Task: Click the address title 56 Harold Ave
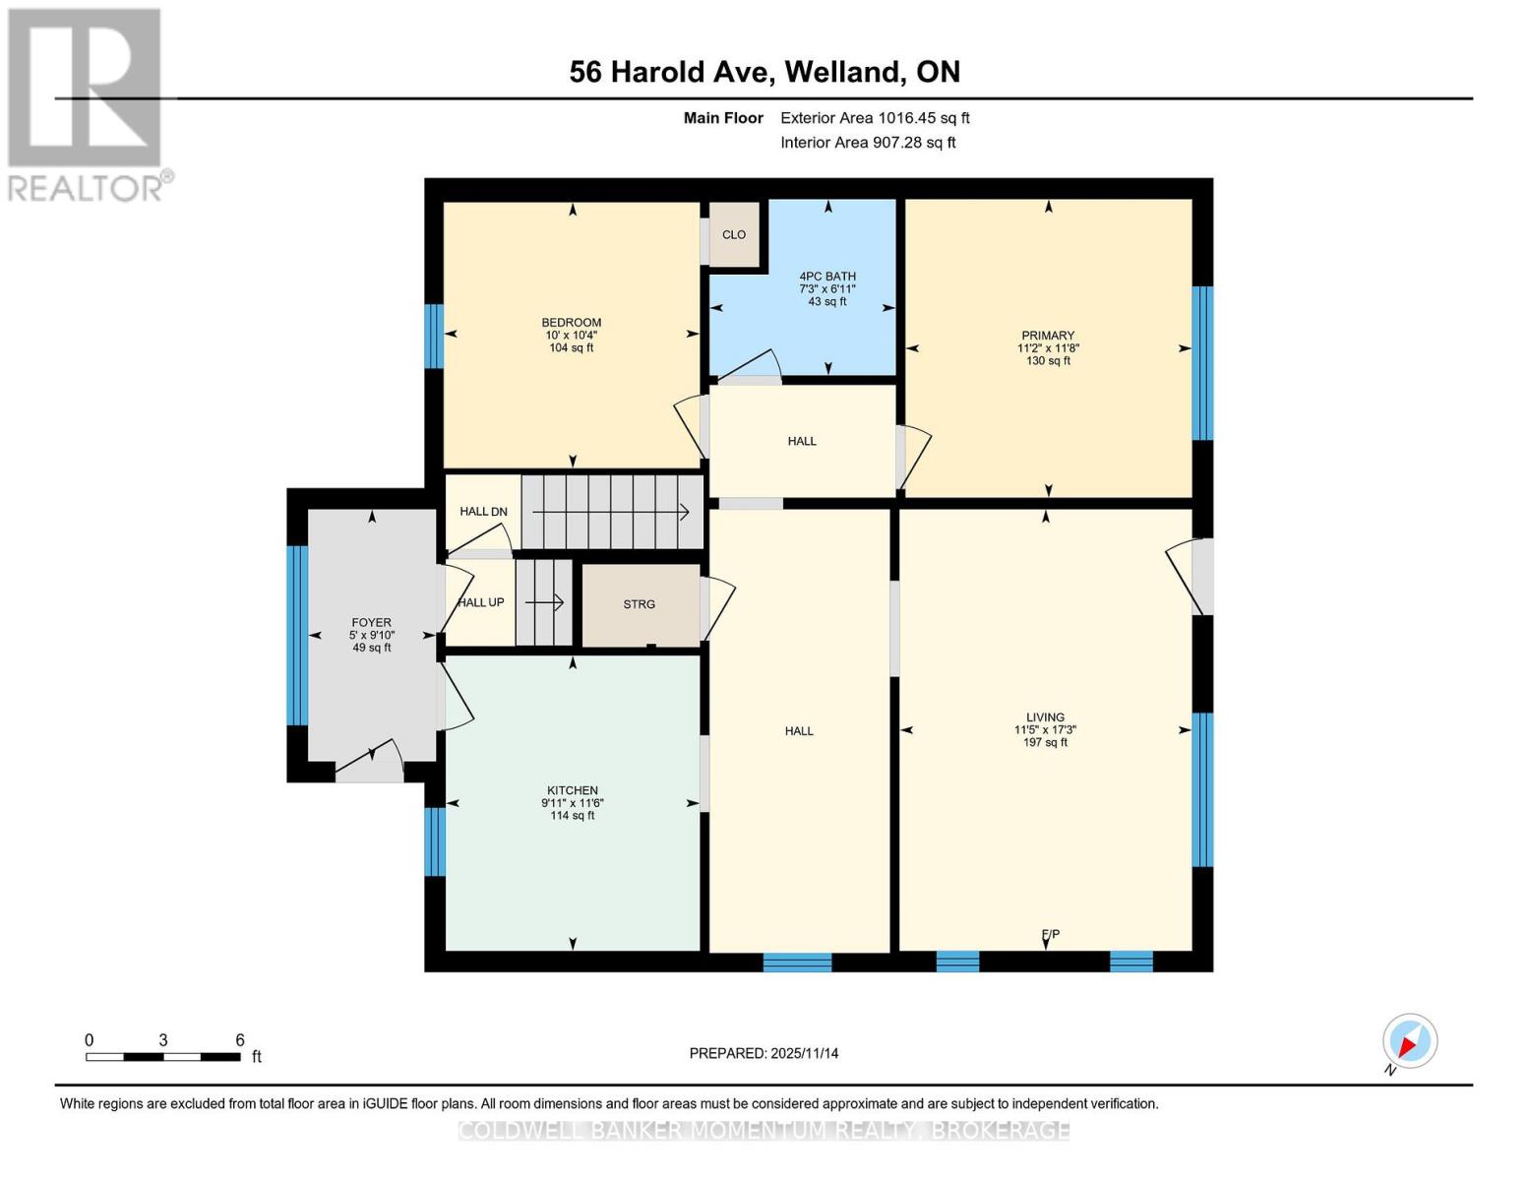tap(764, 72)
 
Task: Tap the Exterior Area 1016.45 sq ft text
tap(875, 118)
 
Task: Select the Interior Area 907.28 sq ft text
tap(868, 143)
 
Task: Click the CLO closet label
tap(734, 235)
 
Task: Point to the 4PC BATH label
tap(826, 277)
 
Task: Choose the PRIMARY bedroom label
tap(1048, 336)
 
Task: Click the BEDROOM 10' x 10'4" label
tap(571, 335)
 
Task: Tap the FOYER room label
tap(371, 623)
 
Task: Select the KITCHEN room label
tap(572, 790)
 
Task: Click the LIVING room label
tap(1045, 717)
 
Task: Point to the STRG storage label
tap(639, 604)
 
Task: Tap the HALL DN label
tap(483, 512)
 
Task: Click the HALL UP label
tap(481, 602)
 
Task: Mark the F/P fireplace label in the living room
tap(1050, 934)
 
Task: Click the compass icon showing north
tap(1409, 1041)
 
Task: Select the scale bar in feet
tap(163, 1057)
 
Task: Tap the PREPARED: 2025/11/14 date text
tap(764, 1053)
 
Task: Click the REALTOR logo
tap(87, 103)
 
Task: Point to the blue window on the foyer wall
tap(297, 635)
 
